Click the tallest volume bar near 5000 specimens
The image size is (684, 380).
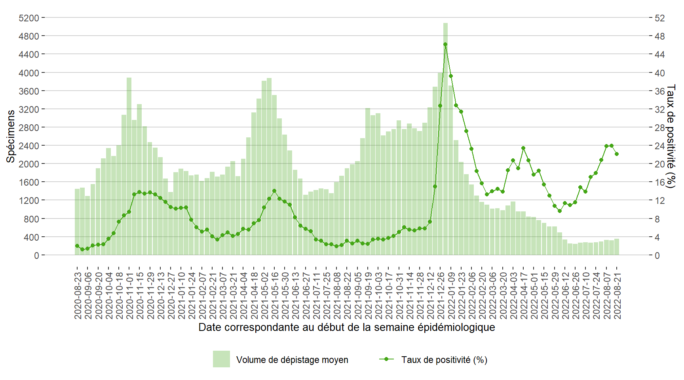coord(445,139)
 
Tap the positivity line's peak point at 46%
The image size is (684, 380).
coord(445,44)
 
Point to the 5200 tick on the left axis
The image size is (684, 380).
coord(29,18)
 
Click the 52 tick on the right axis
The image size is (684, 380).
coord(659,18)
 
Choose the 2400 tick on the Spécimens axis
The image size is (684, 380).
coord(29,146)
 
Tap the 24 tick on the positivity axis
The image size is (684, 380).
coord(659,146)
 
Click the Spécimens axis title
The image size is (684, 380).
coord(11,136)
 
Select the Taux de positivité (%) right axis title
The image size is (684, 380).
coord(671,136)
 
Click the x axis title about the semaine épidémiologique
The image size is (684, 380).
coord(346,327)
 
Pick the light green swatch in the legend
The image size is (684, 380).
coord(221,359)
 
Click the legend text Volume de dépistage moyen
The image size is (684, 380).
coord(292,360)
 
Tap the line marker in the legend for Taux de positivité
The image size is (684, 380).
coord(387,359)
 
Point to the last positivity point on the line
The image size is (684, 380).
coord(617,154)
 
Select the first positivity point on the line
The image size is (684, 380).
coord(77,246)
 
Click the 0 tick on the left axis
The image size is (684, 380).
coord(36,255)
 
